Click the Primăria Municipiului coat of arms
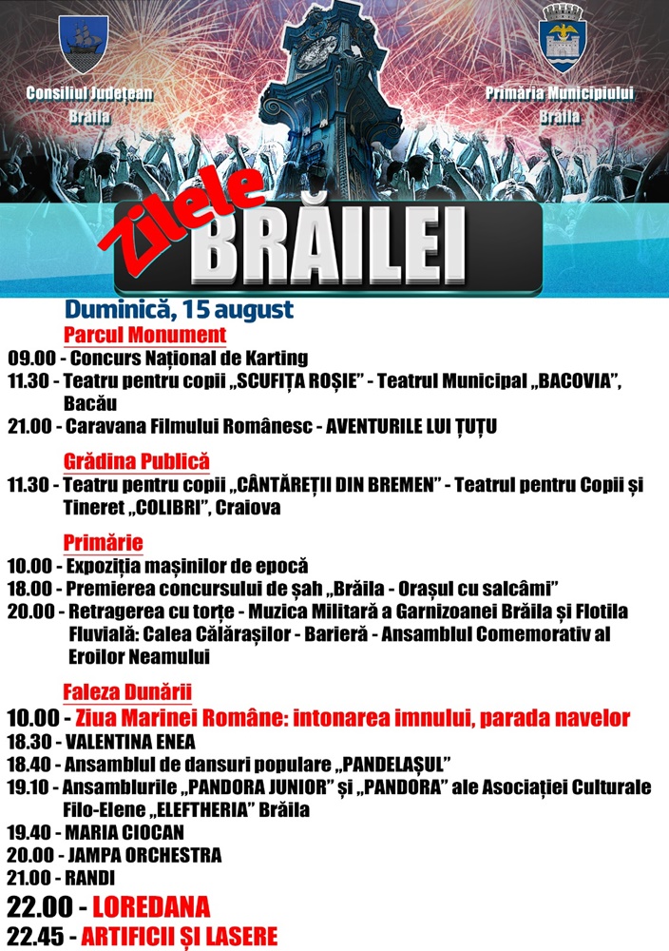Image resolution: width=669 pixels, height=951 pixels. point(563,39)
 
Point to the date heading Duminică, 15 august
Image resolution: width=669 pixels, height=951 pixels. point(179,310)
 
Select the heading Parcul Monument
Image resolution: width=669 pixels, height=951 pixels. point(144,335)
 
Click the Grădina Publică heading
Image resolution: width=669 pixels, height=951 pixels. point(136,461)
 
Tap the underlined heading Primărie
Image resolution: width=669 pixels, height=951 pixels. point(103,542)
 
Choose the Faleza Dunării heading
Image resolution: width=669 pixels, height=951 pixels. point(127,691)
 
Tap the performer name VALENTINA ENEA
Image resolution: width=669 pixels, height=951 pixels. point(130,741)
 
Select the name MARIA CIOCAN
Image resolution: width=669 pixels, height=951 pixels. point(124,832)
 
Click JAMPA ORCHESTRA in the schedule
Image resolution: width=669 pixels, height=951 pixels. point(143,855)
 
